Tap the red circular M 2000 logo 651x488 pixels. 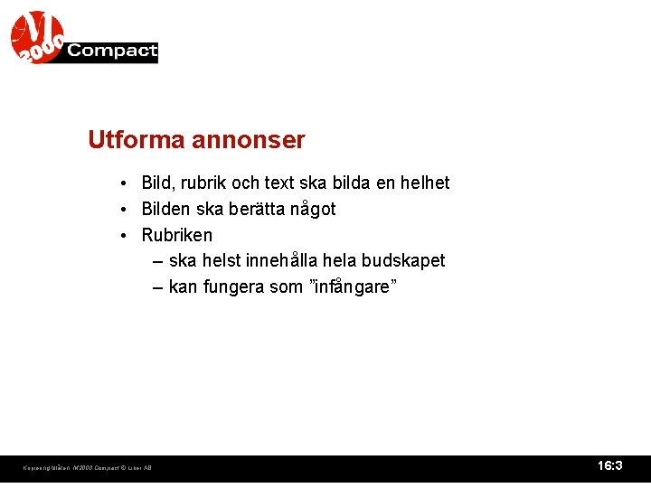[37, 37]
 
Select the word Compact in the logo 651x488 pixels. [112, 52]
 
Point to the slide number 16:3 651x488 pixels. [610, 466]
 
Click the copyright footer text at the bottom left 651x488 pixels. [87, 468]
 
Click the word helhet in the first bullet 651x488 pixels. [425, 183]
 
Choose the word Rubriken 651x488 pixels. [177, 236]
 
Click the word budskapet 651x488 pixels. [403, 261]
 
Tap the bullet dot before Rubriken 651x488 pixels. [122, 236]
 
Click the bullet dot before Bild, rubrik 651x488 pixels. [122, 183]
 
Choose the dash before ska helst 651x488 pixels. [158, 261]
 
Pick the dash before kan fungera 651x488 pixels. [158, 287]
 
